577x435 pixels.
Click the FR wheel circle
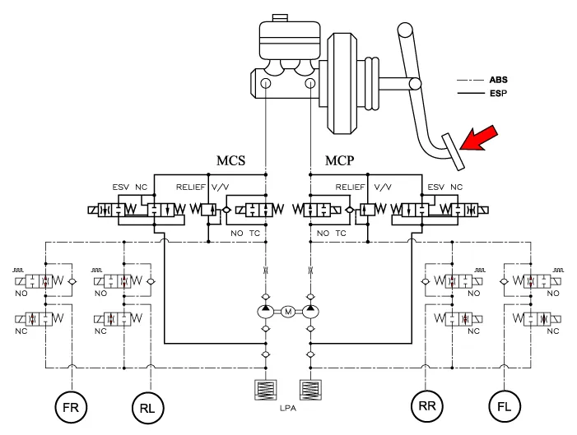point(72,405)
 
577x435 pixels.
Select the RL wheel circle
point(149,405)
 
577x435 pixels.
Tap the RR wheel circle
point(428,405)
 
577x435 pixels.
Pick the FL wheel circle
point(505,405)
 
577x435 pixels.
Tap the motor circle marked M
point(288,312)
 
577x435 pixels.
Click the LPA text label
point(288,407)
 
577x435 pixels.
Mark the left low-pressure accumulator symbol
point(266,389)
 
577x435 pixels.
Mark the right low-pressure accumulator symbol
point(310,389)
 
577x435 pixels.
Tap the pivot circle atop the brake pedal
point(404,31)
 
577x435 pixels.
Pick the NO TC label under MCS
point(247,234)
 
